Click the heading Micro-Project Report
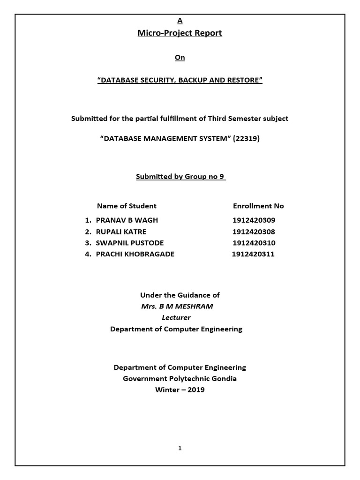180,33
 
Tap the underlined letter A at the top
180,21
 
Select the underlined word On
180,58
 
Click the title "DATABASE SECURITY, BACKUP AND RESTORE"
180,80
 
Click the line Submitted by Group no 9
180,177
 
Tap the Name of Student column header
127,206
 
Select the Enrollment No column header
258,206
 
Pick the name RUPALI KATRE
121,232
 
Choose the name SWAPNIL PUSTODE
130,243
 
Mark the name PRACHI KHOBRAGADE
135,254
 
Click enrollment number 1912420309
254,220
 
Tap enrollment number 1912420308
254,232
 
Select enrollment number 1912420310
254,243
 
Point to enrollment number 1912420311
253,254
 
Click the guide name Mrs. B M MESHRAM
180,307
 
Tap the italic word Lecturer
176,317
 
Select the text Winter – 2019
180,390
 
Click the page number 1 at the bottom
180,449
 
